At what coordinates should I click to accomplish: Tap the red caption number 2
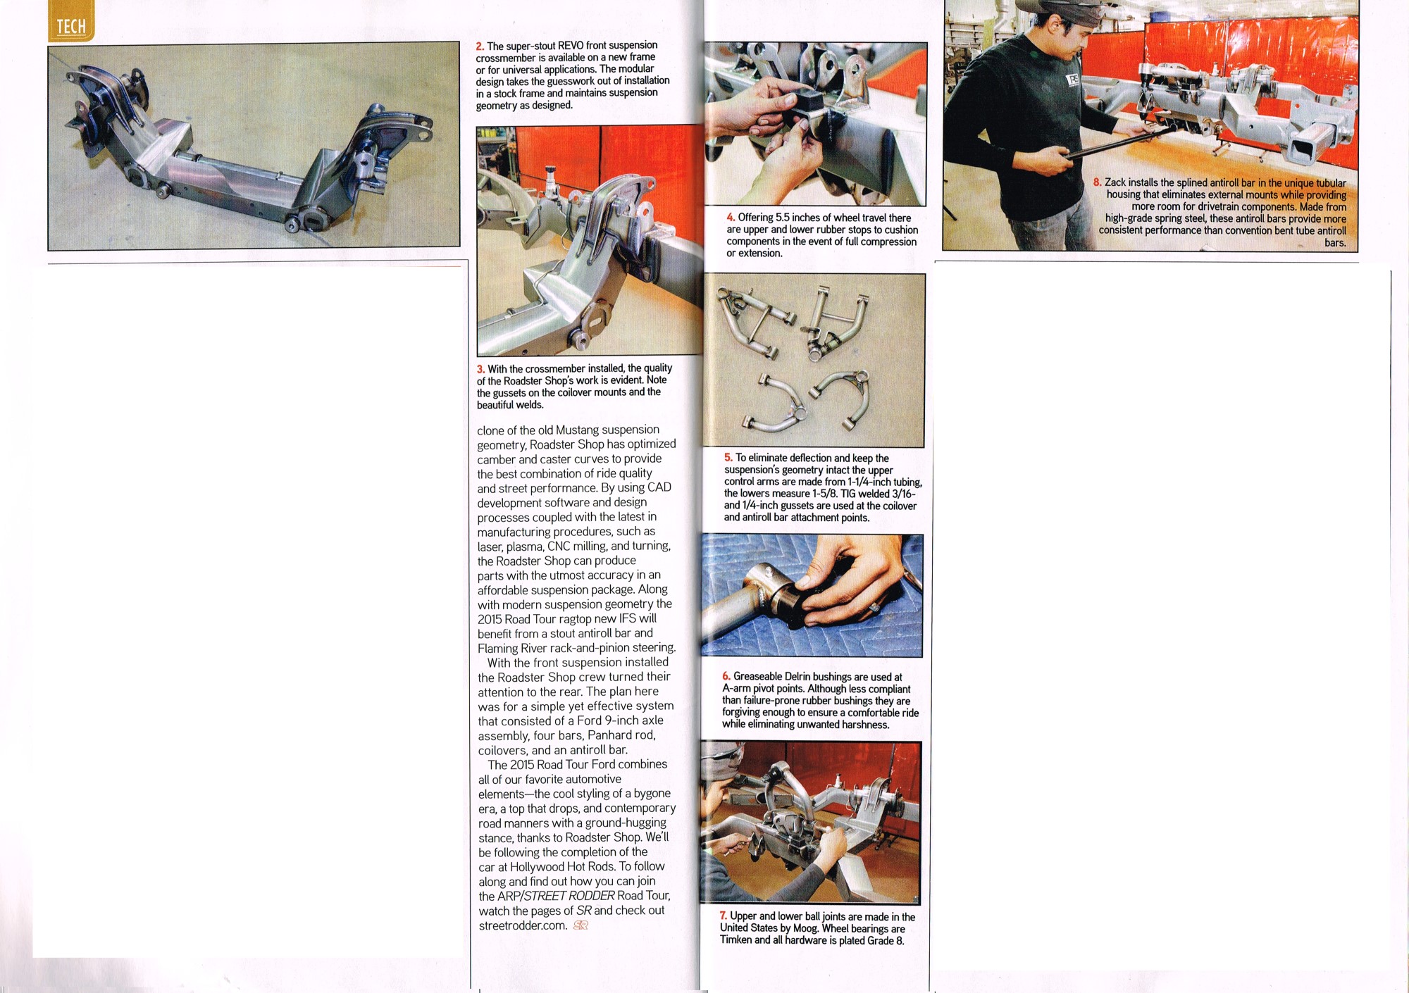click(x=480, y=46)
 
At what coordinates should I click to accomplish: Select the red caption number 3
click(x=480, y=370)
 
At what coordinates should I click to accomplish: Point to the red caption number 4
click(x=731, y=218)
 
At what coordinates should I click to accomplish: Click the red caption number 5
click(x=728, y=458)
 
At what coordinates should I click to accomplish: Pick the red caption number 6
click(x=726, y=677)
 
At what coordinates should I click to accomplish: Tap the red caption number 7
click(x=724, y=916)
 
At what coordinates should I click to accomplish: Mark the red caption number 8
click(x=1098, y=182)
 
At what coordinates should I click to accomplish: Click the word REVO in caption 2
click(x=571, y=46)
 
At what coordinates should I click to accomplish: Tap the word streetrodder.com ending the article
click(x=523, y=926)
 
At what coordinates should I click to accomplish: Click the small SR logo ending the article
click(x=581, y=926)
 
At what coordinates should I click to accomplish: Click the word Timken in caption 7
click(x=735, y=940)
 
